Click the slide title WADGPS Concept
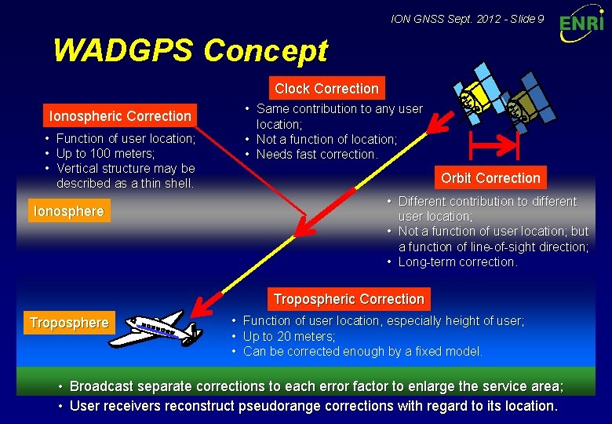pyautogui.click(x=190, y=51)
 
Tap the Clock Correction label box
pyautogui.click(x=326, y=89)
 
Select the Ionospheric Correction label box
pyautogui.click(x=120, y=116)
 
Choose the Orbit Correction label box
pyautogui.click(x=490, y=178)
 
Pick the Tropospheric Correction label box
pyautogui.click(x=348, y=299)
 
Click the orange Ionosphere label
pyautogui.click(x=68, y=211)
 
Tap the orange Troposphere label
pyautogui.click(x=69, y=323)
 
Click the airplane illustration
pyautogui.click(x=158, y=328)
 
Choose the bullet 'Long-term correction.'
pyautogui.click(x=457, y=262)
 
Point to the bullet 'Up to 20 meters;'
pyautogui.click(x=289, y=336)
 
